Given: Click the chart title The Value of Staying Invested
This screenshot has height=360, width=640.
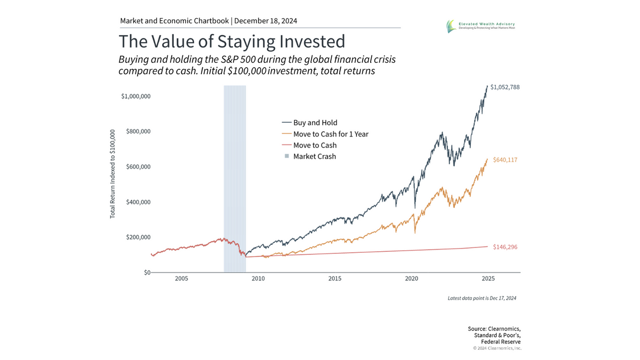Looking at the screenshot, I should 231,42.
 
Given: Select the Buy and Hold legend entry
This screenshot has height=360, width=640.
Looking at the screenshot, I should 315,123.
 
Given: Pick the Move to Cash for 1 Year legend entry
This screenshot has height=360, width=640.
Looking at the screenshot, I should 331,134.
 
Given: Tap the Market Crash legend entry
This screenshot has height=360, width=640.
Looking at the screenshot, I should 314,156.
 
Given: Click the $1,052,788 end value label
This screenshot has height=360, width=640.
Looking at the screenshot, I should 505,87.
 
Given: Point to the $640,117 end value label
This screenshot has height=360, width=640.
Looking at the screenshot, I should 505,159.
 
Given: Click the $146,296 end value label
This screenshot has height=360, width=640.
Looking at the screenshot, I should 505,247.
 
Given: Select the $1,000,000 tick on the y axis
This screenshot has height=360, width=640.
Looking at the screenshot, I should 135,96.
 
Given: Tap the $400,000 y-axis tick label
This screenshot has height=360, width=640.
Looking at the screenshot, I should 138,202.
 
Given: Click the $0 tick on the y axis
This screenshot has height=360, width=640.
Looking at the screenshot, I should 146,273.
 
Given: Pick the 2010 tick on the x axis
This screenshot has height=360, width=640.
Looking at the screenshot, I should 258,278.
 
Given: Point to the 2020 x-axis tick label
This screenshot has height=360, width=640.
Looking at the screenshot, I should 411,278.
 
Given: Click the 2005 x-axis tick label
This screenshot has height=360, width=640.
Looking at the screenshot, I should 181,278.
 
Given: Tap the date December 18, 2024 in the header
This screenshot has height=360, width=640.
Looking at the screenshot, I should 266,21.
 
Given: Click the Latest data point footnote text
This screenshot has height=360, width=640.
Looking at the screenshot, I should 482,298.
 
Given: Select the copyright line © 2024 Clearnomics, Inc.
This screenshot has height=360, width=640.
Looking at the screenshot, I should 497,348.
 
